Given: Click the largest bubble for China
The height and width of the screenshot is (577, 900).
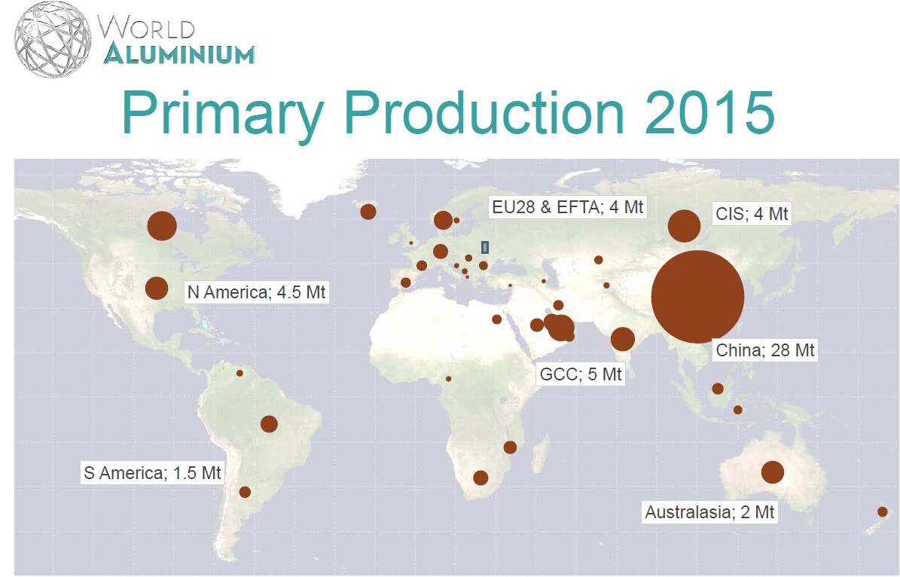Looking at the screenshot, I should (x=697, y=298).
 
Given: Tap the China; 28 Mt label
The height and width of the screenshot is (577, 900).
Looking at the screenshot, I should (x=764, y=350).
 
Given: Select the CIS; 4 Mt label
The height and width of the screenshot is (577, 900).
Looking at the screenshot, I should (x=752, y=214).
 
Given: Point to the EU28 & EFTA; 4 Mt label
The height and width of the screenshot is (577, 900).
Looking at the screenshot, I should (x=568, y=206).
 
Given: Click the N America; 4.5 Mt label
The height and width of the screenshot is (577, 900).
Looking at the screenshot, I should (x=256, y=292).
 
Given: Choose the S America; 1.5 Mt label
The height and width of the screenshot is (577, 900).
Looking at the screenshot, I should (x=152, y=474).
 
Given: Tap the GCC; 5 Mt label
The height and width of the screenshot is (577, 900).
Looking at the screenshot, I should (x=581, y=374).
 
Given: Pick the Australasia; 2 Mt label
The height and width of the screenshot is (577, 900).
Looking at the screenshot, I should (x=709, y=513).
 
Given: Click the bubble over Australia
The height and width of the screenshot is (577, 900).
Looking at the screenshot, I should (x=773, y=472).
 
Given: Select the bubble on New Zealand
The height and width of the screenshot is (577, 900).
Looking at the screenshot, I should (x=883, y=512).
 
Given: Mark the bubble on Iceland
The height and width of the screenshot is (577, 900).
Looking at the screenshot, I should (x=368, y=212).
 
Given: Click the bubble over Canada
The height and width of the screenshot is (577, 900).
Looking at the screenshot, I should (x=162, y=226).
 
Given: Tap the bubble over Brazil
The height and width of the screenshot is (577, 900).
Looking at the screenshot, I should (x=269, y=424).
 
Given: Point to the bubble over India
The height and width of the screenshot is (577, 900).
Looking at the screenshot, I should (x=622, y=339).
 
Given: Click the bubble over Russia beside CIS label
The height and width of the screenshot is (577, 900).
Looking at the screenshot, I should (x=684, y=226).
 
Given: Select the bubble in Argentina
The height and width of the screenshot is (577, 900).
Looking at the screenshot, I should (x=245, y=492).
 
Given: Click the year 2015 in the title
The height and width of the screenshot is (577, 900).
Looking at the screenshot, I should (x=707, y=113).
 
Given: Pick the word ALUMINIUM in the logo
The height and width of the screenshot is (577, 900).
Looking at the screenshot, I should (x=179, y=53).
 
